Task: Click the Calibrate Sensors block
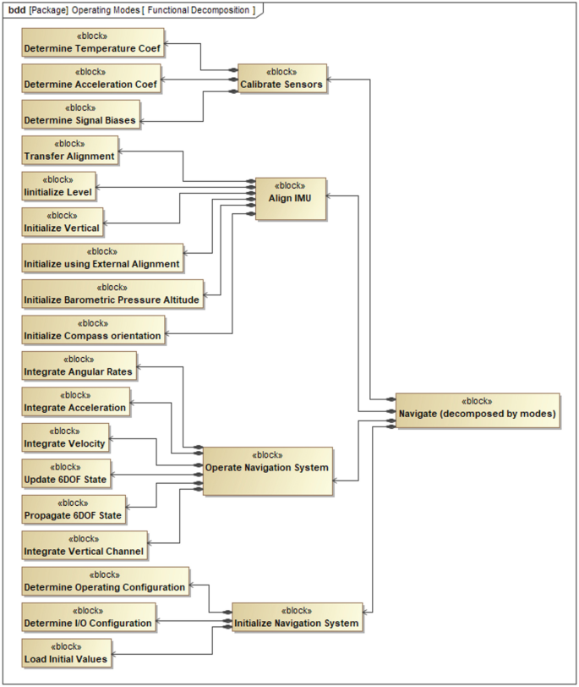click(x=281, y=78)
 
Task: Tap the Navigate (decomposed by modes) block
click(x=477, y=409)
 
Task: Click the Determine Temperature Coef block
click(x=92, y=43)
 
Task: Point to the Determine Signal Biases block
click(x=79, y=115)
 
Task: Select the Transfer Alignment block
click(x=69, y=151)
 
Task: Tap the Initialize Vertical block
click(x=62, y=223)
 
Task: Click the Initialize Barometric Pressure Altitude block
click(x=112, y=294)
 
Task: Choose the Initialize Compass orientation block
click(x=92, y=331)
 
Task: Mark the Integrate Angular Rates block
click(x=80, y=366)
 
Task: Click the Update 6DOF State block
click(x=66, y=474)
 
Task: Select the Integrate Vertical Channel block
click(x=85, y=546)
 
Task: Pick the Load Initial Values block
click(x=67, y=653)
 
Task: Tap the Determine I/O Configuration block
click(x=89, y=618)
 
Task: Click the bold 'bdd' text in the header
click(x=16, y=9)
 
